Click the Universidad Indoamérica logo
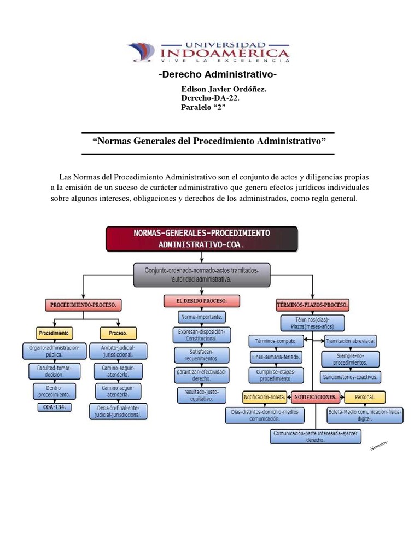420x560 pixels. coord(209,52)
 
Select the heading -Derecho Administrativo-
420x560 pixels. coord(217,74)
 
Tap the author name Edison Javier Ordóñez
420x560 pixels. coord(223,89)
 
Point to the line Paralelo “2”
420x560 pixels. coord(203,107)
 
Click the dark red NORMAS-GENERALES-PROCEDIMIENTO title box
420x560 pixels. coord(201,238)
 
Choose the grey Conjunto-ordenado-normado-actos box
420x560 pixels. coord(201,275)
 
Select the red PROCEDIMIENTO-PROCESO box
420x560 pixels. coord(83,304)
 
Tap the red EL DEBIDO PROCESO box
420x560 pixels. coord(201,301)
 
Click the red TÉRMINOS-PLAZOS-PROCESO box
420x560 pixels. coord(313,304)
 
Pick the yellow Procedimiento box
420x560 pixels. coord(54,332)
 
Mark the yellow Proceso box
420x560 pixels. coord(118,332)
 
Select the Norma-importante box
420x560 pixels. coord(201,317)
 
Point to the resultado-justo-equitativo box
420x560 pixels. coord(201,394)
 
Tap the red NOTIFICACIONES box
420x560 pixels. coord(317,396)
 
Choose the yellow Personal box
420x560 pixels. coord(365,396)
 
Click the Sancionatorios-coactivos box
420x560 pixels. coord(351,377)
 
